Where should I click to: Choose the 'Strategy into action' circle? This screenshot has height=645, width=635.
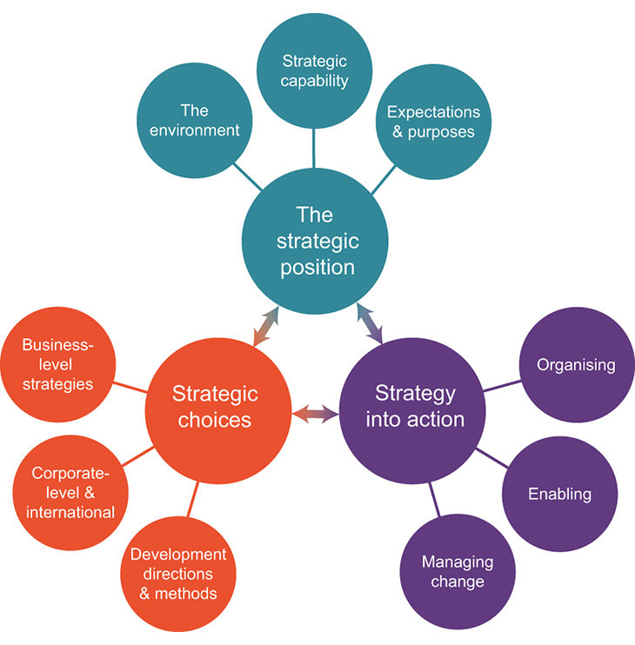pos(414,406)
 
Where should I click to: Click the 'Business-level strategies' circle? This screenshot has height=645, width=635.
pos(57,364)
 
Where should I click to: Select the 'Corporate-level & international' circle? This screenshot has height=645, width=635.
pos(70,492)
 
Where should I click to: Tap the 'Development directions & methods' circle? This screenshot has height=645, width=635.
pos(177,573)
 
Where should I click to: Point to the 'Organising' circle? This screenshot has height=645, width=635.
pos(575,365)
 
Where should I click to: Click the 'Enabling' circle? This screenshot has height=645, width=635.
pos(559,494)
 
